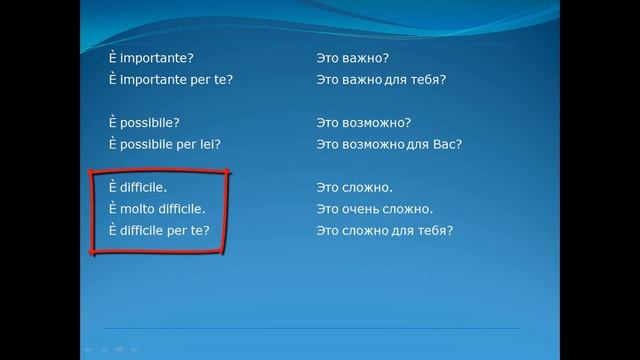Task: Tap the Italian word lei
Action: [210, 144]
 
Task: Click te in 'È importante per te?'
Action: [222, 79]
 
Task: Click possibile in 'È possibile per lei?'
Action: [148, 144]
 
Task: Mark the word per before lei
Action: [187, 144]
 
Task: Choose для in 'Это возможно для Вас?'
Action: [424, 144]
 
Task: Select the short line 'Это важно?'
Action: [352, 58]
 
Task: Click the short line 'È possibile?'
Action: [145, 122]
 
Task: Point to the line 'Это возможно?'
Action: [363, 122]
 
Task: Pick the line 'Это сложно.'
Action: [354, 187]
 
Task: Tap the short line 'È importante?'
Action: [151, 58]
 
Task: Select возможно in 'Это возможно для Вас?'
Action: [377, 144]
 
